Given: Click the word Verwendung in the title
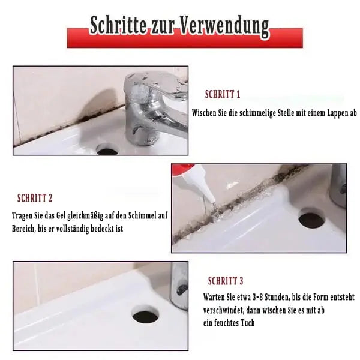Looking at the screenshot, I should pyautogui.click(x=226, y=26).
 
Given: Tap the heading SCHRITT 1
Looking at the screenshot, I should pyautogui.click(x=223, y=94).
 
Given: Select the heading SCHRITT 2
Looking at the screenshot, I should pyautogui.click(x=35, y=197).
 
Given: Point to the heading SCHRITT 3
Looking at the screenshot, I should pyautogui.click(x=226, y=280).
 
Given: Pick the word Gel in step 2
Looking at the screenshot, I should pyautogui.click(x=70, y=215).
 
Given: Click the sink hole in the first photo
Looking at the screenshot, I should pyautogui.click(x=107, y=148).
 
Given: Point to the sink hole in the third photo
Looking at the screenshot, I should pyautogui.click(x=145, y=314).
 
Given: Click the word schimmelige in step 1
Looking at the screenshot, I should pyautogui.click(x=248, y=112).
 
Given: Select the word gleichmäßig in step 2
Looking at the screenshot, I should pyautogui.click(x=101, y=215).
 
